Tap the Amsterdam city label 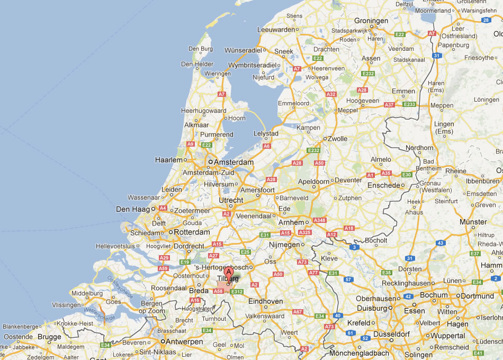pyautogui.click(x=233, y=162)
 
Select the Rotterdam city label pyautogui.click(x=192, y=232)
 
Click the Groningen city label pyautogui.click(x=371, y=21)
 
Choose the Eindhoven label pyautogui.click(x=265, y=301)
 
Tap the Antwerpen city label pyautogui.click(x=184, y=342)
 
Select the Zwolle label pyautogui.click(x=338, y=139)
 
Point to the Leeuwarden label pyautogui.click(x=276, y=30)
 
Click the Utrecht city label pyautogui.click(x=231, y=200)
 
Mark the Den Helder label pyautogui.click(x=197, y=64)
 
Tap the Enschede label pyautogui.click(x=384, y=185)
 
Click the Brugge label pyautogui.click(x=49, y=337)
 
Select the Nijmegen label pyautogui.click(x=284, y=245)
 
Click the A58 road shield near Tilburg pyautogui.click(x=218, y=291)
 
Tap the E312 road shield pyautogui.click(x=236, y=291)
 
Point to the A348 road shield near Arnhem pyautogui.click(x=320, y=220)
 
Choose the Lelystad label pyautogui.click(x=266, y=133)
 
